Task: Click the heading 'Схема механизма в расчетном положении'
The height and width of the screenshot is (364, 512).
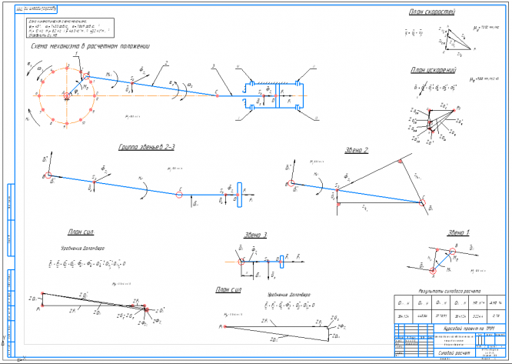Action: click(x=86, y=46)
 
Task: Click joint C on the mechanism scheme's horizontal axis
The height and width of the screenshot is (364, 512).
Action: click(x=218, y=95)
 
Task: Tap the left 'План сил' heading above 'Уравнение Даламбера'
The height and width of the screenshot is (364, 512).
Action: click(x=81, y=232)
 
